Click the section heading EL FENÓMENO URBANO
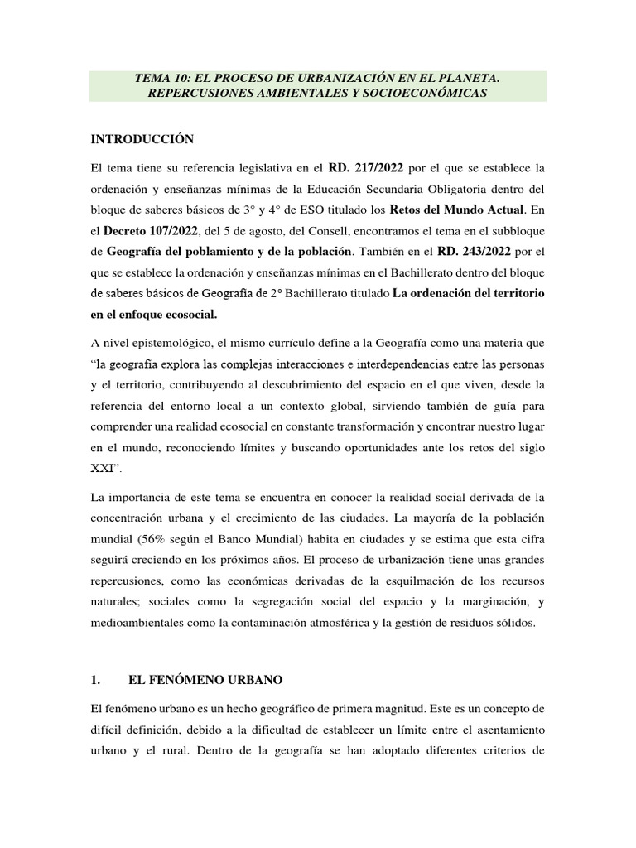pos(205,680)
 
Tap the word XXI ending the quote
pos(101,468)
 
